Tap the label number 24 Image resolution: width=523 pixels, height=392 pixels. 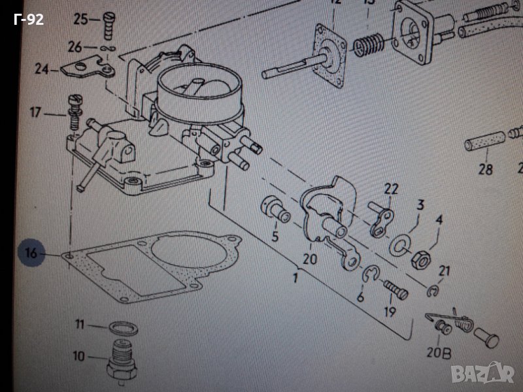coord(42,67)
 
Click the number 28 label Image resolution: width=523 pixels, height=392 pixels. coord(484,170)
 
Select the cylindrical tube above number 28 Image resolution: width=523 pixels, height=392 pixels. coord(484,140)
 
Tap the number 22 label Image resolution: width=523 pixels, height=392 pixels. coord(391,189)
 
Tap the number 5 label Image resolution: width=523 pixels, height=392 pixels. coord(275,237)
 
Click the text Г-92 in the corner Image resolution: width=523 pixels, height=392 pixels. coord(29,20)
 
